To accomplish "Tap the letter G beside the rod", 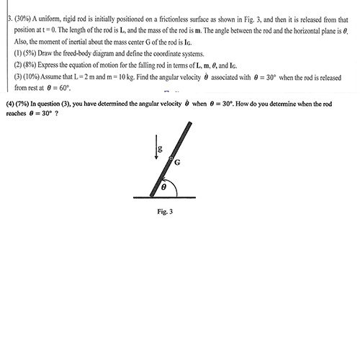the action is (177, 163).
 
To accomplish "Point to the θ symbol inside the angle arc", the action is (163, 186).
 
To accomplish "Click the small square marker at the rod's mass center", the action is (171, 157).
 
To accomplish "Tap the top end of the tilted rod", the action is (189, 125).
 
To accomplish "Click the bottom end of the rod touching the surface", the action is (153, 194).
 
